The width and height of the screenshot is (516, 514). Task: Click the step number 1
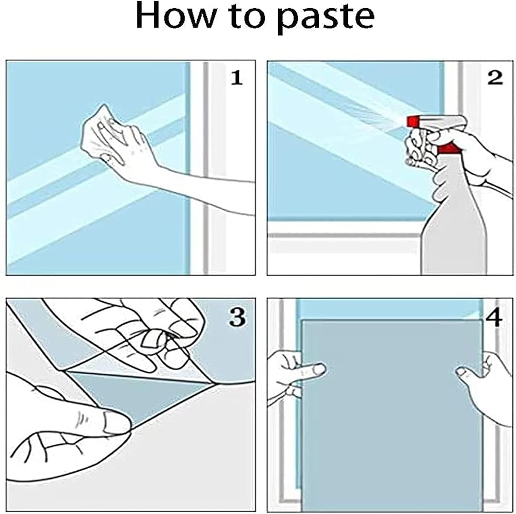point(237,78)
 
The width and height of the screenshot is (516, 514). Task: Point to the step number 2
point(495,78)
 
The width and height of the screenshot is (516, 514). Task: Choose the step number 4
point(494,317)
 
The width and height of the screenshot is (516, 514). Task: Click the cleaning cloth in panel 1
point(99,131)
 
